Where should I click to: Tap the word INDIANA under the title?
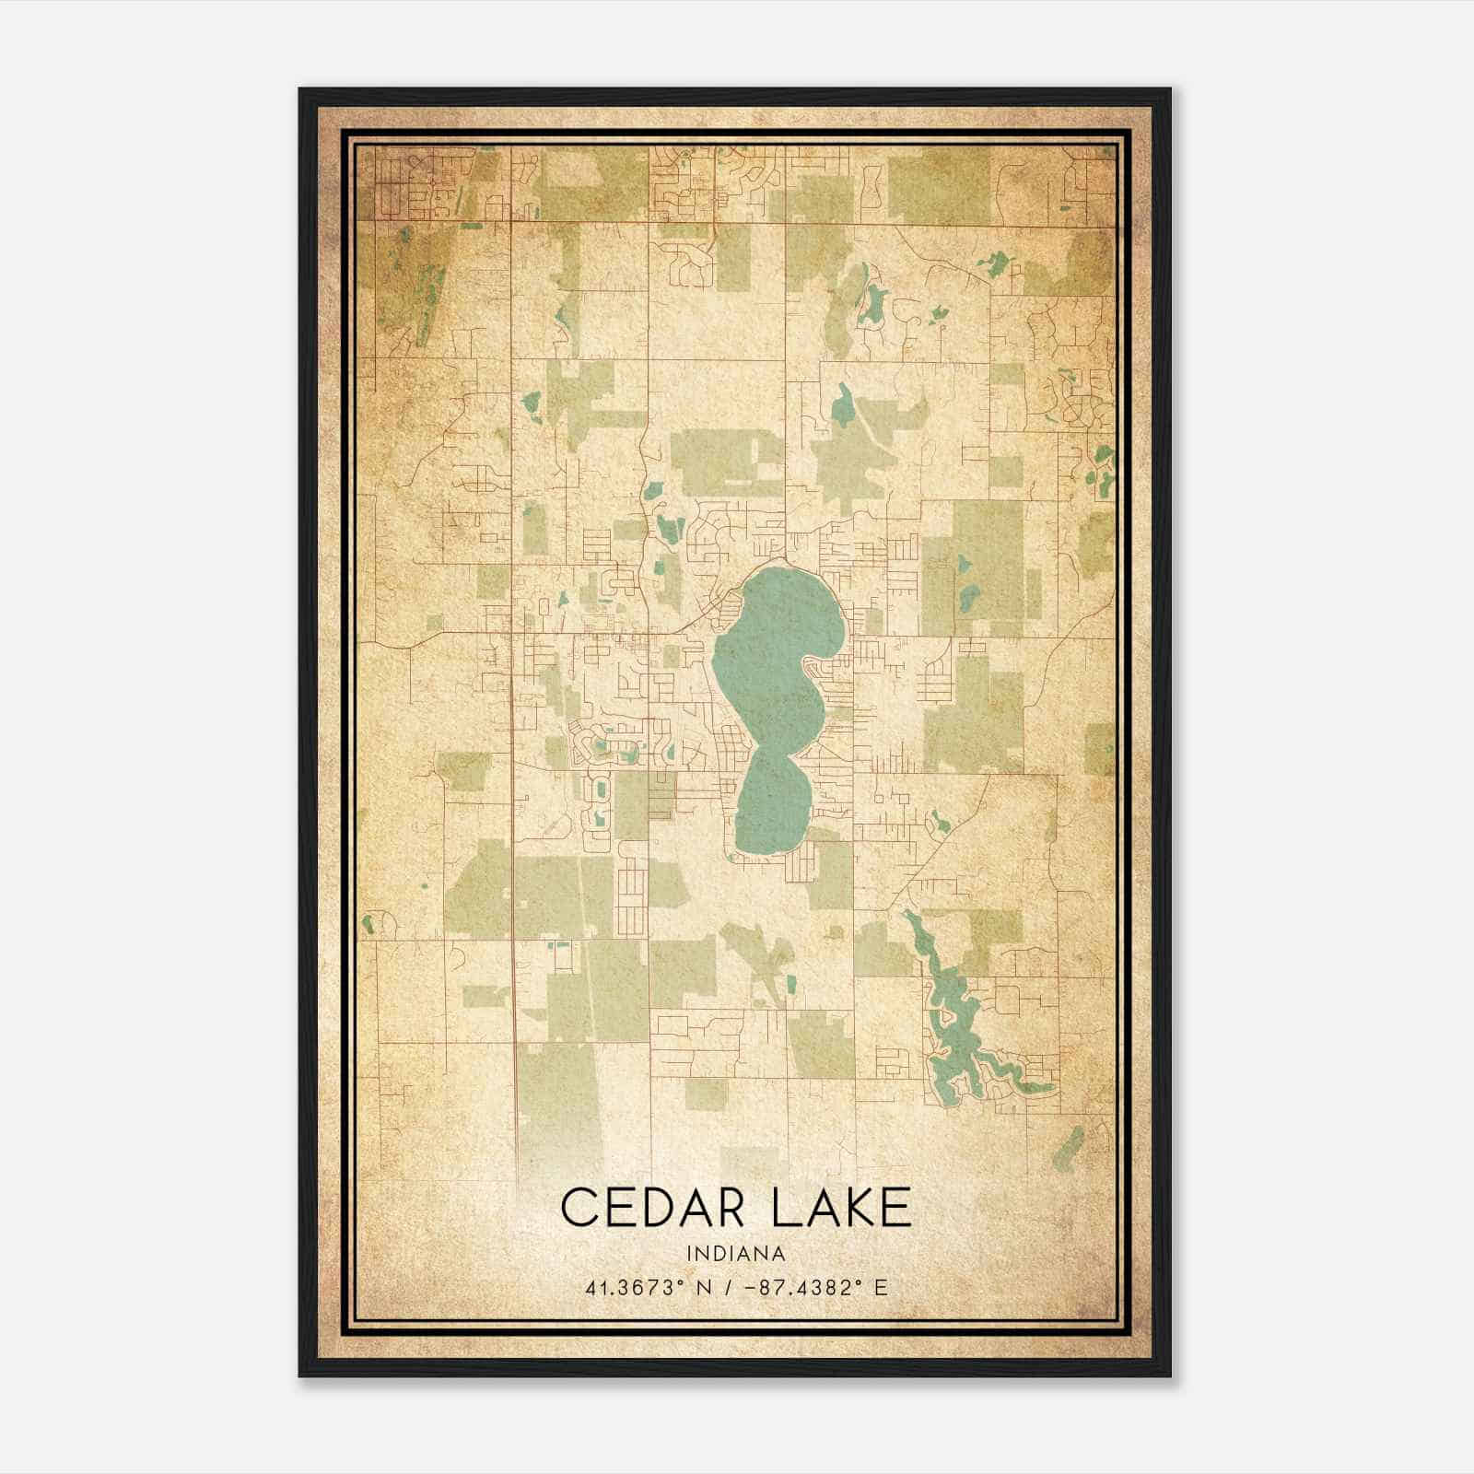(736, 1254)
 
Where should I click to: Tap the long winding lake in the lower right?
(949, 1013)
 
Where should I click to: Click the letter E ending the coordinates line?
(881, 1288)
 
